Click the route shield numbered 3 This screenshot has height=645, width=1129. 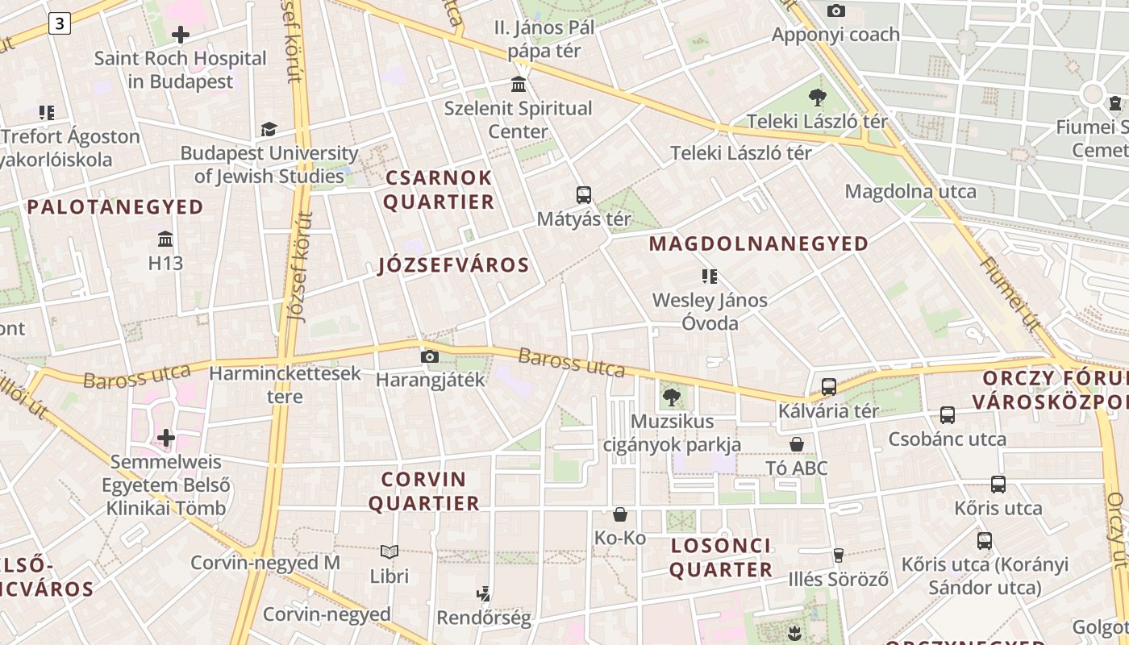[x=59, y=24]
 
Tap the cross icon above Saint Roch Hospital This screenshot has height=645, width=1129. [x=181, y=35]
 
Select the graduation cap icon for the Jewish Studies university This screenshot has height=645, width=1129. [x=269, y=129]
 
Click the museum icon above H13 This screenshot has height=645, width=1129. [x=166, y=239]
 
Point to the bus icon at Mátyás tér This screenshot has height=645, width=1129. [x=584, y=194]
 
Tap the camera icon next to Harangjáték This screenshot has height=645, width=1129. [x=430, y=356]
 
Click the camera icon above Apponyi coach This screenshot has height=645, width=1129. [x=836, y=10]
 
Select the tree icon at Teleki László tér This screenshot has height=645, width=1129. [x=818, y=98]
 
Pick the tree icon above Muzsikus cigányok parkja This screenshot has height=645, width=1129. [x=671, y=397]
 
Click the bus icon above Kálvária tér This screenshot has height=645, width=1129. [x=829, y=386]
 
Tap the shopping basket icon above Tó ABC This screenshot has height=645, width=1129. [x=797, y=444]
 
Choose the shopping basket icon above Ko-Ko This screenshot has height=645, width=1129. [x=620, y=514]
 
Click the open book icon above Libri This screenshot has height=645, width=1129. [x=390, y=552]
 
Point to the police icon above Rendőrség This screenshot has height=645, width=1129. [x=483, y=594]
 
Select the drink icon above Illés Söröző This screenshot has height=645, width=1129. [x=839, y=555]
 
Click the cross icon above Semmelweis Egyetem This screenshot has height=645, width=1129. [x=166, y=438]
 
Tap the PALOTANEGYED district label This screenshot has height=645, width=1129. [x=115, y=207]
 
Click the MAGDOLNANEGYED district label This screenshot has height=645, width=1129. [x=759, y=243]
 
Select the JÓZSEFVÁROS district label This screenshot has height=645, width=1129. [x=454, y=265]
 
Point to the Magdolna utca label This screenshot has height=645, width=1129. [x=910, y=192]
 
